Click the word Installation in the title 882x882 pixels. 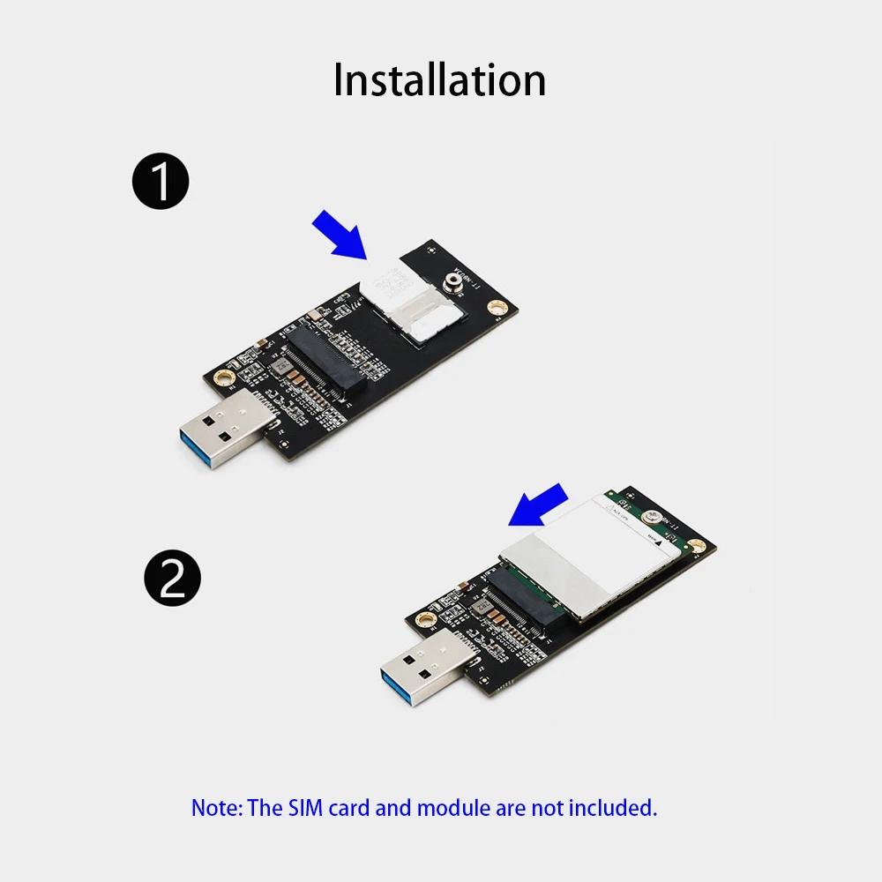pos(439,80)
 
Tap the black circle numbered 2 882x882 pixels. pos(172,578)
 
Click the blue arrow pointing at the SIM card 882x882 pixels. pos(339,234)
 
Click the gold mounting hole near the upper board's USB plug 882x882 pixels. pos(226,377)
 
